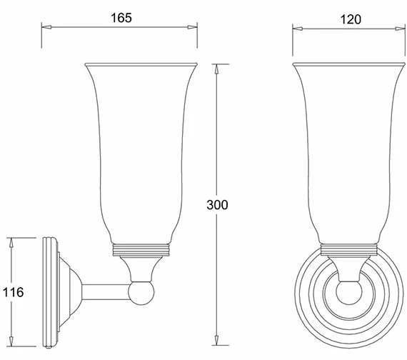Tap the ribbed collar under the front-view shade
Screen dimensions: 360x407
(x=348, y=250)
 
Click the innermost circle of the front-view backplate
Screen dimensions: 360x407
(x=348, y=294)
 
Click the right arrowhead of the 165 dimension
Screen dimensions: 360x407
(x=191, y=28)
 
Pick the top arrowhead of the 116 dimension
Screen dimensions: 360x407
(x=12, y=240)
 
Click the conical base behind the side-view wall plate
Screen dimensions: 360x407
(x=68, y=292)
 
